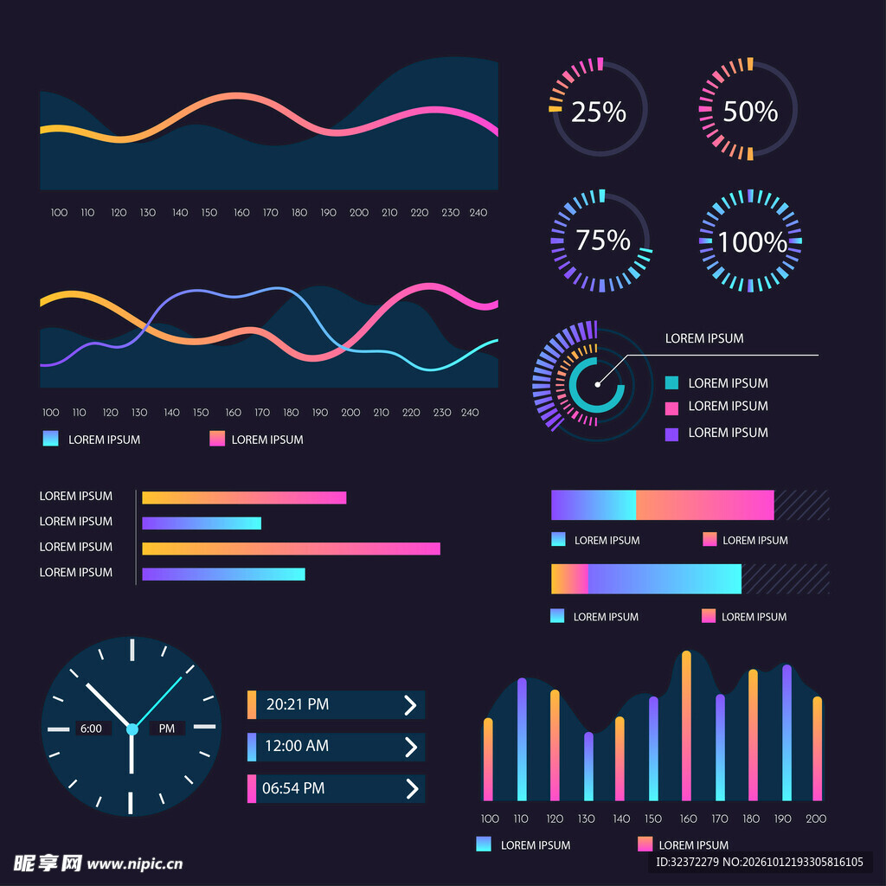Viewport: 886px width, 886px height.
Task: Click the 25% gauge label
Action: point(599,112)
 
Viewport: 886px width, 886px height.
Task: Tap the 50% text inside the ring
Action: point(750,112)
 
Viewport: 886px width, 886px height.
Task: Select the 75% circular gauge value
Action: point(602,241)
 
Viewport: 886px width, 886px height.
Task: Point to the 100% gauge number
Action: point(752,242)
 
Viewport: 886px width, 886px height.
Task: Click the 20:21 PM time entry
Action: point(298,704)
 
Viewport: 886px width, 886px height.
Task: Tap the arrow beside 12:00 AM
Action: point(411,747)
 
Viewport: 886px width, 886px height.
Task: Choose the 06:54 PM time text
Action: point(293,788)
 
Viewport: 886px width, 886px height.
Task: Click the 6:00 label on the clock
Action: point(91,729)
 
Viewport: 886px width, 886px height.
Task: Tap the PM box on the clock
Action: point(167,729)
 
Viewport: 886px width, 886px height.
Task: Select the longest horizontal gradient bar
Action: point(291,549)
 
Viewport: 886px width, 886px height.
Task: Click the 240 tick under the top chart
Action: point(478,213)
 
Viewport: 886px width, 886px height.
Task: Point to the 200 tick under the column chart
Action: point(815,819)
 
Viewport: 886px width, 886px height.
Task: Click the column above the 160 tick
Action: point(686,726)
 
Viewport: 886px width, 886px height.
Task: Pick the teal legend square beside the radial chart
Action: point(671,383)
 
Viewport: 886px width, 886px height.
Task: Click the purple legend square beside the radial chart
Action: point(671,434)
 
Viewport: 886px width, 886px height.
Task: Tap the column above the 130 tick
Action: point(588,767)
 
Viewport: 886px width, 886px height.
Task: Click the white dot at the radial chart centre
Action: point(597,385)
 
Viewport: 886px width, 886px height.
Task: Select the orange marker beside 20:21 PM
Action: point(252,704)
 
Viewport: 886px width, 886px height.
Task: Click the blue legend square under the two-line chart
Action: point(50,439)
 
